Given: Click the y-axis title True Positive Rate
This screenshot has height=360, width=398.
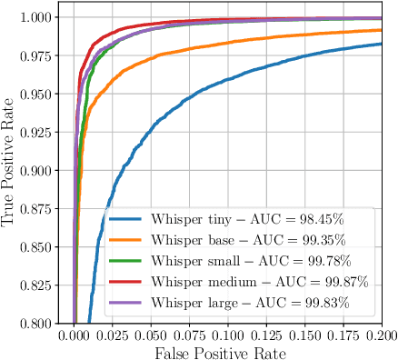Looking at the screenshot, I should click(x=10, y=169).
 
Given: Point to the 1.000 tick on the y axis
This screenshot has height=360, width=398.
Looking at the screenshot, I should click(x=44, y=17).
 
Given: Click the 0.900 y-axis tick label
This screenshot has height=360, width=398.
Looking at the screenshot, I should click(x=44, y=170).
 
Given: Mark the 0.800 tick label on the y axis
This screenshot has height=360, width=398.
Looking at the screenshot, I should click(x=44, y=323).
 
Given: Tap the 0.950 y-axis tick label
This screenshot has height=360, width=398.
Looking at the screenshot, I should click(x=44, y=94).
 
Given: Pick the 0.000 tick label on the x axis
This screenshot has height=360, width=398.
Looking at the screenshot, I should click(x=75, y=335).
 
